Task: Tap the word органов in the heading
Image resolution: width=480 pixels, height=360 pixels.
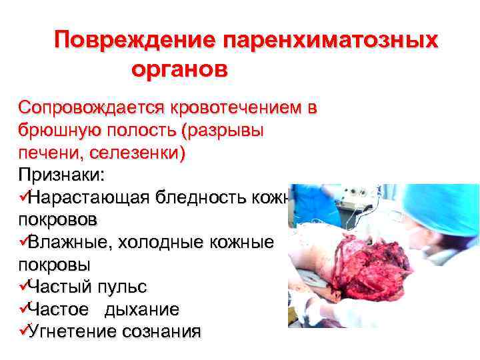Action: (179, 69)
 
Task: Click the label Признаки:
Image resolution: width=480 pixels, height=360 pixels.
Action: (61, 175)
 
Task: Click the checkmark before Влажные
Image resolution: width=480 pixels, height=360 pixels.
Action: (23, 242)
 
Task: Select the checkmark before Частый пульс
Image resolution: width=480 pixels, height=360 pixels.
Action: (23, 287)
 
